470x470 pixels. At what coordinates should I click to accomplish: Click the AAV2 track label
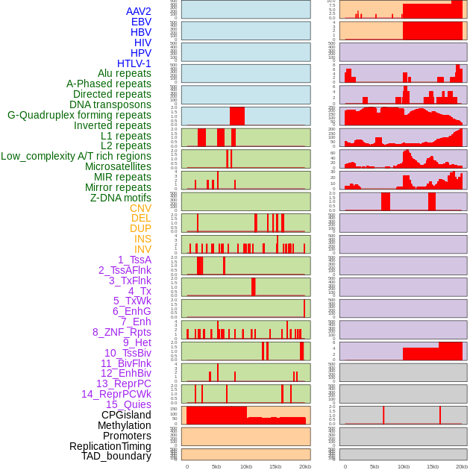tap(139, 11)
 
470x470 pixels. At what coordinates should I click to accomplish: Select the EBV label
tap(141, 22)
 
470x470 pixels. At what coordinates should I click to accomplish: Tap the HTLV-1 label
tap(134, 63)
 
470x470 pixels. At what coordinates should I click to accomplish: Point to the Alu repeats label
tap(125, 73)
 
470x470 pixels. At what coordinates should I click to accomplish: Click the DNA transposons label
tap(110, 104)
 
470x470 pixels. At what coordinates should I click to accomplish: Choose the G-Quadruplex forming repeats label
tap(79, 115)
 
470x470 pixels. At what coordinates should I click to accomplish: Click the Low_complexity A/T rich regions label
tap(76, 156)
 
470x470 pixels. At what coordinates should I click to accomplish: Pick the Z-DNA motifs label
tap(121, 198)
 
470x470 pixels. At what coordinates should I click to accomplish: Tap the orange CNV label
tap(140, 208)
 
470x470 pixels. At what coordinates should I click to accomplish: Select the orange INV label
tap(142, 249)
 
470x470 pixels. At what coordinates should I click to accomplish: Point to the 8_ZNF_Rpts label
tap(122, 332)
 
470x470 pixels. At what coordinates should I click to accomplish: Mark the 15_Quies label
tap(128, 404)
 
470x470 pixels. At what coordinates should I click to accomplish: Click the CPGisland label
tap(126, 415)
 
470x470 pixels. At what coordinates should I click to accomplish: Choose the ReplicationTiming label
tap(110, 446)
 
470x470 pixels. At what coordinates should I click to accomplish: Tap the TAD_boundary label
tap(116, 456)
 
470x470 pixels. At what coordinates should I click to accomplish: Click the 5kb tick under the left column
tap(216, 466)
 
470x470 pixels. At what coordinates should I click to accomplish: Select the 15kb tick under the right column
tap(433, 466)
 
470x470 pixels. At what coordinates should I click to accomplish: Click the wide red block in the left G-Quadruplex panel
tap(237, 116)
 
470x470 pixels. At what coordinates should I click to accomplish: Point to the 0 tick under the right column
tap(345, 466)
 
